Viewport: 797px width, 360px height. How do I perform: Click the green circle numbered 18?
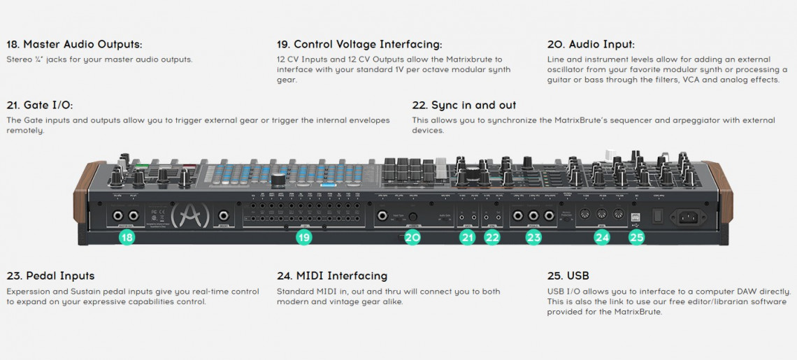pyautogui.click(x=127, y=238)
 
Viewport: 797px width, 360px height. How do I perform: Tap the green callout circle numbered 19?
pyautogui.click(x=303, y=238)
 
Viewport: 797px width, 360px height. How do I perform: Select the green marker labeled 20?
pyautogui.click(x=412, y=238)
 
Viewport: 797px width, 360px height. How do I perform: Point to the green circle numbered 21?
pyautogui.click(x=467, y=238)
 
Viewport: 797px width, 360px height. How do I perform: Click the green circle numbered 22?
pyautogui.click(x=492, y=238)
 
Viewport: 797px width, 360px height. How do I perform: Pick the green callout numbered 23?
pyautogui.click(x=533, y=238)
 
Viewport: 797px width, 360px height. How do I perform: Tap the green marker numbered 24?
pyautogui.click(x=602, y=238)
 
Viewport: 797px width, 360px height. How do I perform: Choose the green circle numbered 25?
pyautogui.click(x=636, y=238)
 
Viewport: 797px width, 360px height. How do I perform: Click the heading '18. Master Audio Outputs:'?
pyautogui.click(x=74, y=44)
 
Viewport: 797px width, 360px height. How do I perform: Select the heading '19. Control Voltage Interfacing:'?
pyautogui.click(x=359, y=44)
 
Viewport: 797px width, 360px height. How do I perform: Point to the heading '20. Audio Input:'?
pyautogui.click(x=591, y=44)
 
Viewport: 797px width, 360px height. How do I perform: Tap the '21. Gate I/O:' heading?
pyautogui.click(x=39, y=105)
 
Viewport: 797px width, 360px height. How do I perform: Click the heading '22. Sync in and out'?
pyautogui.click(x=464, y=105)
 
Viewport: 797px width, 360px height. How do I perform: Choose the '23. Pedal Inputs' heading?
pyautogui.click(x=50, y=275)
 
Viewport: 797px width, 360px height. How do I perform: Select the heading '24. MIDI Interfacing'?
pyautogui.click(x=331, y=275)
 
